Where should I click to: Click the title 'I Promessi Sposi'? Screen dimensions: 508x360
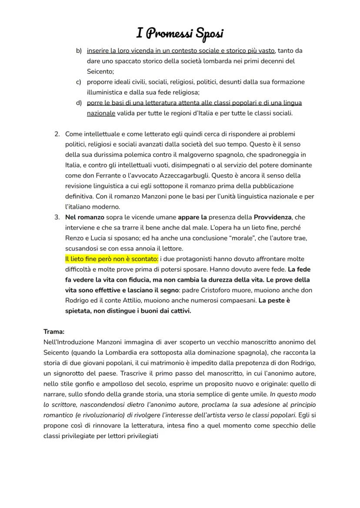tap(180, 33)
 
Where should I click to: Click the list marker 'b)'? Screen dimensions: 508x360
tap(79, 51)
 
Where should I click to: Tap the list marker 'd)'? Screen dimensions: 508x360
tap(79, 103)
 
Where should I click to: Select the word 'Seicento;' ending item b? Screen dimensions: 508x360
tap(100, 72)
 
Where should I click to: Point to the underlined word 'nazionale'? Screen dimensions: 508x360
tap(101, 113)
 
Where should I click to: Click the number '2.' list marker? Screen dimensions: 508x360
tap(57, 134)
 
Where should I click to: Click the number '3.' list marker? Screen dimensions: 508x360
tap(57, 217)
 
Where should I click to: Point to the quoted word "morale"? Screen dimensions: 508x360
tap(259, 238)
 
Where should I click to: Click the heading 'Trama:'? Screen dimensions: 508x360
tap(54, 332)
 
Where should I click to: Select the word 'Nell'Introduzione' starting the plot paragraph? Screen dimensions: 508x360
tap(69, 342)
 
